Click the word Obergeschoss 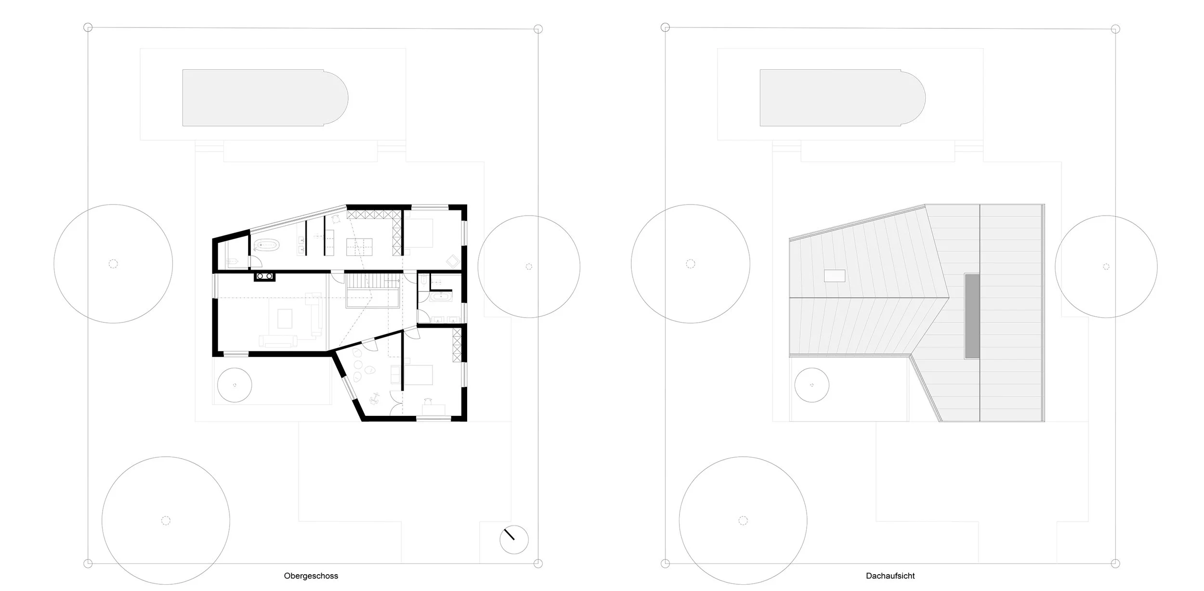pyautogui.click(x=311, y=576)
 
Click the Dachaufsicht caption pyautogui.click(x=890, y=576)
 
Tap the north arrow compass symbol pyautogui.click(x=514, y=540)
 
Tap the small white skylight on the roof pyautogui.click(x=835, y=276)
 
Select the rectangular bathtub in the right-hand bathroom pyautogui.click(x=441, y=297)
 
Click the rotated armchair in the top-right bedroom pyautogui.click(x=453, y=261)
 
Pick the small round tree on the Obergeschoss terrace pyautogui.click(x=235, y=385)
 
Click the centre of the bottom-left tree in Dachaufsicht pyautogui.click(x=743, y=520)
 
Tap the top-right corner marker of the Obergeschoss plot pyautogui.click(x=538, y=29)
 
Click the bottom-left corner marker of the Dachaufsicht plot pyautogui.click(x=665, y=564)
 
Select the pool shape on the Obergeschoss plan pyautogui.click(x=265, y=98)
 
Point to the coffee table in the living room pyautogui.click(x=285, y=319)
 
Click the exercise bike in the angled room pyautogui.click(x=374, y=398)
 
